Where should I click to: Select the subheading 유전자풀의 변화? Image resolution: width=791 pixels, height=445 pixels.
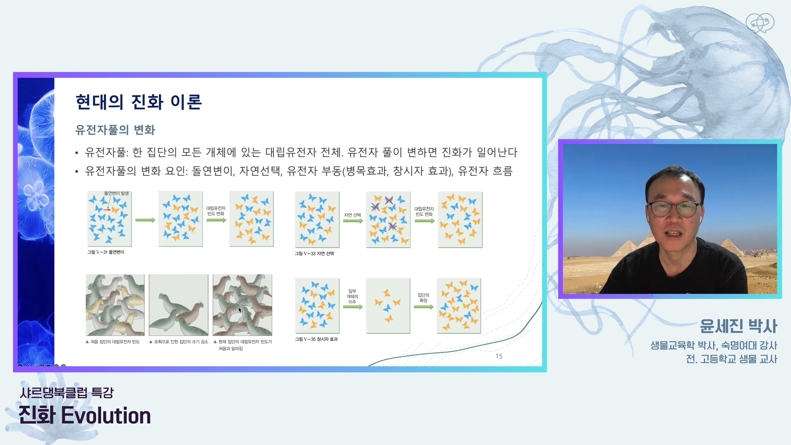click(x=115, y=130)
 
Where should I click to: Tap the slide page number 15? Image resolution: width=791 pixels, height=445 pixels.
click(x=499, y=356)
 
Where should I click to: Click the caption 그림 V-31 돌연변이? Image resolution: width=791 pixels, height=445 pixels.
click(x=106, y=252)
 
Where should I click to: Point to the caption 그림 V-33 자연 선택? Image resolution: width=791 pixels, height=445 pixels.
click(x=314, y=253)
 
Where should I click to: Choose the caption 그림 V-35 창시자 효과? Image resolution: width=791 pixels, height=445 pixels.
click(x=316, y=339)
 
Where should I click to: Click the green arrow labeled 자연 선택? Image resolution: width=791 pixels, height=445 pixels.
click(x=353, y=221)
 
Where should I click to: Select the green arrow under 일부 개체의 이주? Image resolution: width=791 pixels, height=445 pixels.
click(x=353, y=307)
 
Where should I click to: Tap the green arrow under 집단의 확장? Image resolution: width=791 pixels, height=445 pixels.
click(x=424, y=307)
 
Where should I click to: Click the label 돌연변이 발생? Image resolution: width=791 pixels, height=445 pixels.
click(x=116, y=193)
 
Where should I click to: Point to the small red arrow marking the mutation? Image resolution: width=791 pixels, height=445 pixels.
click(x=107, y=210)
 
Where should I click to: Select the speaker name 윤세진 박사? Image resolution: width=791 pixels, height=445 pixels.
click(x=738, y=326)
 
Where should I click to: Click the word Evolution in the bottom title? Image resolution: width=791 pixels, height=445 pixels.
click(x=106, y=415)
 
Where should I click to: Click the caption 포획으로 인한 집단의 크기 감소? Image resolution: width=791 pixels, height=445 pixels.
click(x=179, y=342)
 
